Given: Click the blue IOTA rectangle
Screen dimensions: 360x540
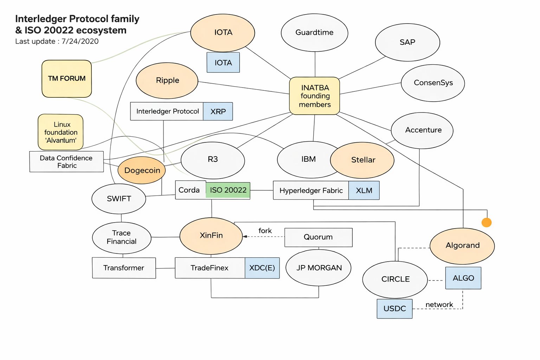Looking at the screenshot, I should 223,63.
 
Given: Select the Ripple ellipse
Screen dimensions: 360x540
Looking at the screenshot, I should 167,81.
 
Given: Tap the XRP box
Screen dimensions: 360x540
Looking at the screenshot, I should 218,111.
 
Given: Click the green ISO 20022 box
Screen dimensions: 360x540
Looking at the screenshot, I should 228,190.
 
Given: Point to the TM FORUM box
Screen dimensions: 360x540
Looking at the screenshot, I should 67,79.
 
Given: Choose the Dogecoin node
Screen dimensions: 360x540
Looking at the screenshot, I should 142,171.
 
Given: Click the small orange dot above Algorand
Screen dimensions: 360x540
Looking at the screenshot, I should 487,223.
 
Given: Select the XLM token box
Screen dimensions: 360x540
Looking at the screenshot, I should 364,191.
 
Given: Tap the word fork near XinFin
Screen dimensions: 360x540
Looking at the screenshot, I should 265,231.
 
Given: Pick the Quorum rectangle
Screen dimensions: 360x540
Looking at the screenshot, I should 318,237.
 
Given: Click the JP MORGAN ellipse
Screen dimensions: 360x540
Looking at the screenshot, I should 319,268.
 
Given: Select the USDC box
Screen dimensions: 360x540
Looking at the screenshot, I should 394,309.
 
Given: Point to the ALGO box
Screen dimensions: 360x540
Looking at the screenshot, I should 463,278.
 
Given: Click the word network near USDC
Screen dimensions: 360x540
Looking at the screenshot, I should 439,304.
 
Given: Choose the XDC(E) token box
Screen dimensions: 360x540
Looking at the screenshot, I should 262,268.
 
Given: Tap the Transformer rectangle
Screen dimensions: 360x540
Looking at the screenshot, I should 124,268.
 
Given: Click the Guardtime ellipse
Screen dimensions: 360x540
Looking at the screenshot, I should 314,33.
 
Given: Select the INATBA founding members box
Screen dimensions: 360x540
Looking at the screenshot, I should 315,96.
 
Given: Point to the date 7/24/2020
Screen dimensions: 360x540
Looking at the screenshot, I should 80,41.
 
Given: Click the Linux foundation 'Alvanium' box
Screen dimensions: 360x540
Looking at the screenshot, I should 60,132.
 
